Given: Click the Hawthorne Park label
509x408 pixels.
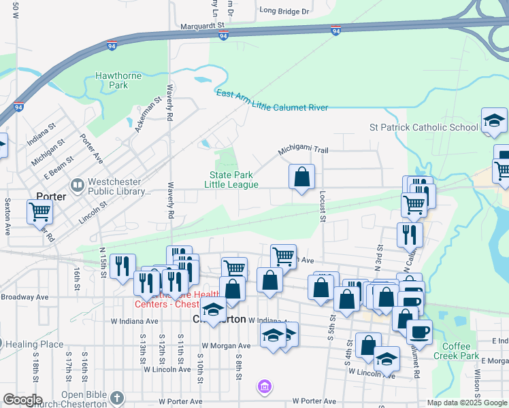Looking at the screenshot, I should pos(119,81).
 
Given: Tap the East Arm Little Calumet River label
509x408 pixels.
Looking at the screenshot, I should pos(272,101).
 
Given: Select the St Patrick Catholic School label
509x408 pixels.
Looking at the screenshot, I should pos(423,127).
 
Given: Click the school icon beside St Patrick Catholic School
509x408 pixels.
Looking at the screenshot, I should pos(493,120).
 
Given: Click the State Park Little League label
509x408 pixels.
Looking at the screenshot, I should pos(233,180).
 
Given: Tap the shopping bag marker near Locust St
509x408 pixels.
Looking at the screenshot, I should pos(301,177).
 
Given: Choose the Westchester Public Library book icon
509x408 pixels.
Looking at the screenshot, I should pos(77,184).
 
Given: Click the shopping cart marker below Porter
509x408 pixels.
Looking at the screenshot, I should pos(39,211).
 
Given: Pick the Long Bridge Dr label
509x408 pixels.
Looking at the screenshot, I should pos(284,11).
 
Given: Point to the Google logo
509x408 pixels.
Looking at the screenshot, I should pos(22,400).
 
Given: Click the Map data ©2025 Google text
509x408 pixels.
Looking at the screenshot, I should pos(467,403).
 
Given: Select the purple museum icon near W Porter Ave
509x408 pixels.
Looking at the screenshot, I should pos(264,388).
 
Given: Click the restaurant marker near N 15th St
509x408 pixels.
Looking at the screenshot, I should pos(122,266).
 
